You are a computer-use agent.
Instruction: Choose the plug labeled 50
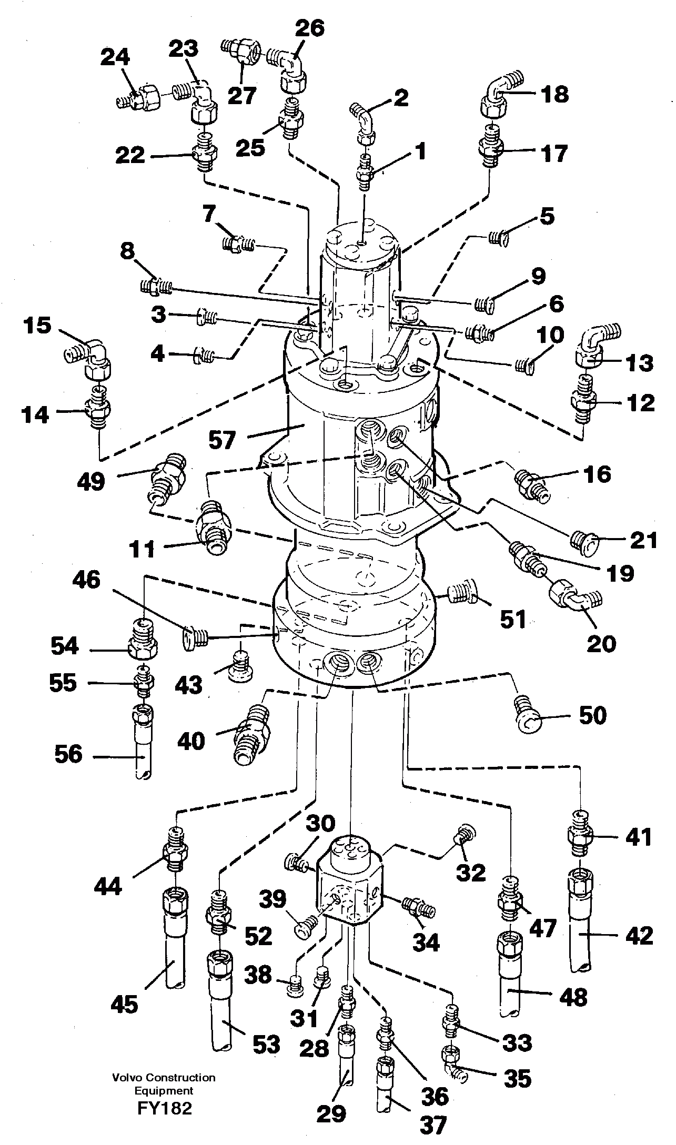click(x=528, y=715)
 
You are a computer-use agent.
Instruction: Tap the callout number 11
click(x=143, y=549)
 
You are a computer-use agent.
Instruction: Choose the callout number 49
click(x=90, y=481)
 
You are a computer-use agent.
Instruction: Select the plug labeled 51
click(x=463, y=593)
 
